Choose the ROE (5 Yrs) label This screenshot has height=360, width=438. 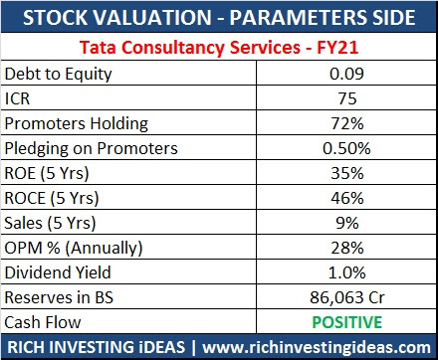[50, 173]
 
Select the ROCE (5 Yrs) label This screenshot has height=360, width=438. [55, 198]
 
